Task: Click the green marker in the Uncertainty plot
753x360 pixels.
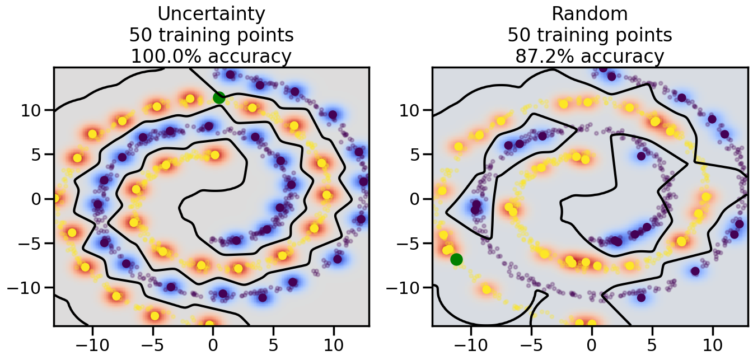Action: (219, 97)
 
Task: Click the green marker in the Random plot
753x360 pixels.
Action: (456, 259)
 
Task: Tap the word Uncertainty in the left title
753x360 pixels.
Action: (211, 13)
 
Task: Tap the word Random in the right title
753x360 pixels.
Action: (590, 13)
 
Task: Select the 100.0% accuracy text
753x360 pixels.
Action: (211, 57)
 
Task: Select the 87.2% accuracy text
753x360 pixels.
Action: (590, 57)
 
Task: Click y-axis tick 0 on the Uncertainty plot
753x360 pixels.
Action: (40, 199)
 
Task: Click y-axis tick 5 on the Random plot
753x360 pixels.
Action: (419, 155)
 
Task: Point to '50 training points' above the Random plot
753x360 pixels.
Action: (590, 35)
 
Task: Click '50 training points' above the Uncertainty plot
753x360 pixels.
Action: (211, 35)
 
